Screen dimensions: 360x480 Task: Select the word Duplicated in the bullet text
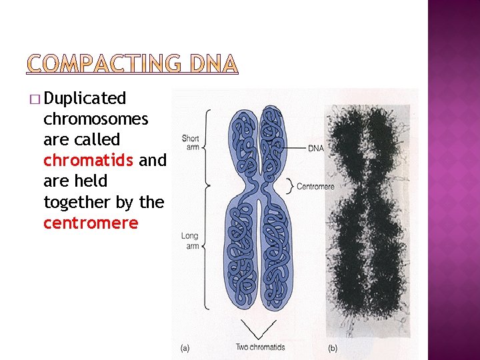pos(85,99)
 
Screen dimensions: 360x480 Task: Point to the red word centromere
pos(91,223)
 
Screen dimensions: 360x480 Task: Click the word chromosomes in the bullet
pos(95,119)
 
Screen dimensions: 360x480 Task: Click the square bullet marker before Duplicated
pos(35,99)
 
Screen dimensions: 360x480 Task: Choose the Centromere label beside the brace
pos(315,187)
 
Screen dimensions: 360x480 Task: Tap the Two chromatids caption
pos(260,347)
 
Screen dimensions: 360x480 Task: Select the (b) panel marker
pos(333,347)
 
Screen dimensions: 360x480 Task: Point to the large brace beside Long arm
pos(209,247)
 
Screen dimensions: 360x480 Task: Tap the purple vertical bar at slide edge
pos(453,180)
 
